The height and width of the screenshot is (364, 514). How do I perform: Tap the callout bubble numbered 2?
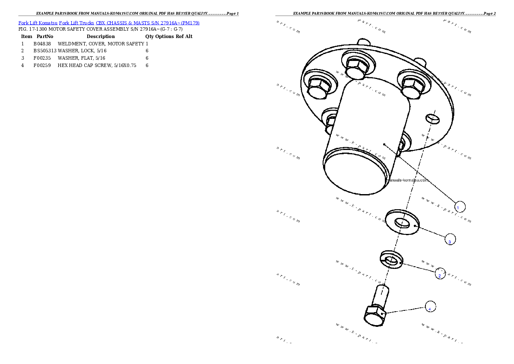pos(440,274)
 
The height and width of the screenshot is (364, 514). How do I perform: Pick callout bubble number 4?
pos(430,307)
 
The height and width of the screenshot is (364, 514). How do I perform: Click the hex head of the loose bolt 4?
pos(374,316)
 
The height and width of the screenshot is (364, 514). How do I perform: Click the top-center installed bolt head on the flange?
pos(357,68)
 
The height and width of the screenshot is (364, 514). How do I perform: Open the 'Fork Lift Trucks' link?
pos(76,22)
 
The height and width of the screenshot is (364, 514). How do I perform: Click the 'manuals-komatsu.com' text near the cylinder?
pos(407,180)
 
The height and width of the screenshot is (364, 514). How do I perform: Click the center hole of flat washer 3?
pos(402,222)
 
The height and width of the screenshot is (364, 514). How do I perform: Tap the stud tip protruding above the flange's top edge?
pos(365,42)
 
